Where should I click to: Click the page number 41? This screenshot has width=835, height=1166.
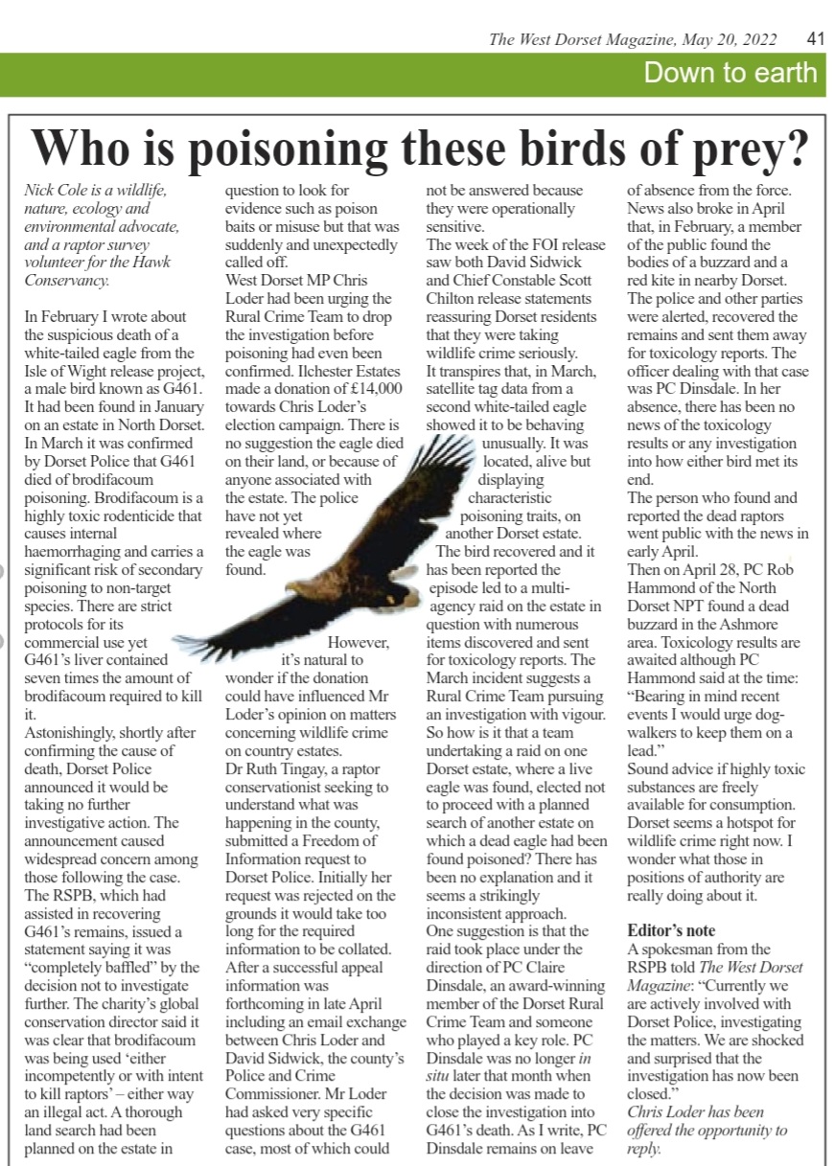click(816, 39)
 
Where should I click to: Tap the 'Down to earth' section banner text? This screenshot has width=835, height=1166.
click(731, 73)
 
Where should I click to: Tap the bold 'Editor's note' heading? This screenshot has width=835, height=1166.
click(671, 930)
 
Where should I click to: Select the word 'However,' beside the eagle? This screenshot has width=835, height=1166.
click(359, 642)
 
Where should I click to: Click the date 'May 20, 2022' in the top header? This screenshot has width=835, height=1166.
click(740, 39)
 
